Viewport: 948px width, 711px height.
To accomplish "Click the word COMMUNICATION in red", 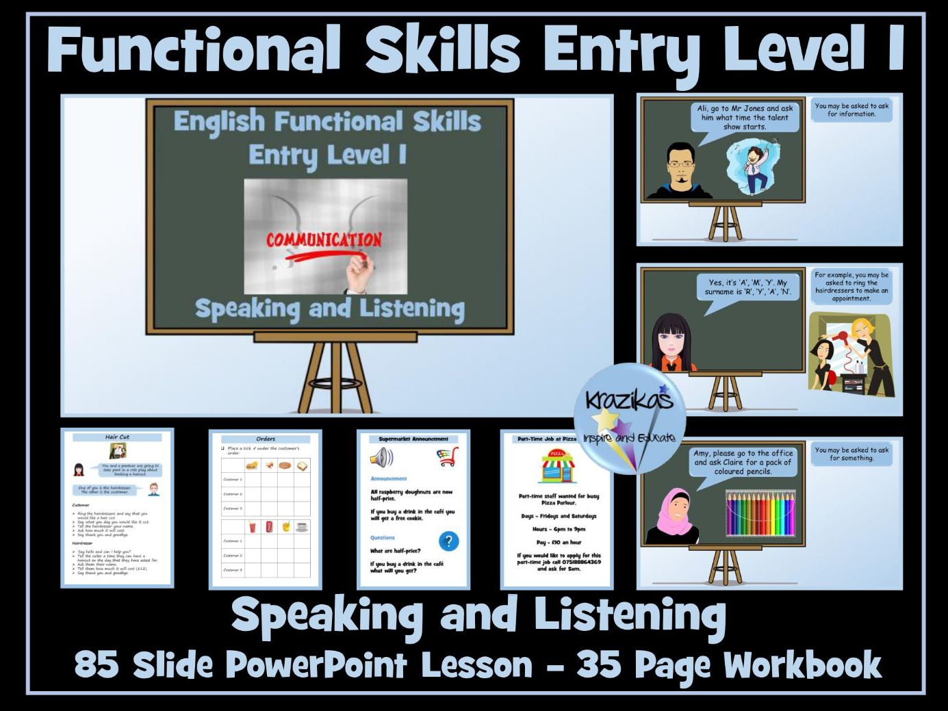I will click(x=323, y=240).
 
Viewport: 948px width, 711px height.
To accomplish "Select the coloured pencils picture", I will click(x=760, y=513).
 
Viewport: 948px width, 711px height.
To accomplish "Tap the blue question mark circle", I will click(x=448, y=541).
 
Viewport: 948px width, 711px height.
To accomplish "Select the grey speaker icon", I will click(x=382, y=456).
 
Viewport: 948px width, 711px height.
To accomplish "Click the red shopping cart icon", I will click(x=448, y=456).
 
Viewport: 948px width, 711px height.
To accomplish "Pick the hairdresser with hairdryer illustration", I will click(x=850, y=356).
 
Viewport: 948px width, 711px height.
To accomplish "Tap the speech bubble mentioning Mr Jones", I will click(x=745, y=118).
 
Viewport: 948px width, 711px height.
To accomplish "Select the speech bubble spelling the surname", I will click(x=747, y=287).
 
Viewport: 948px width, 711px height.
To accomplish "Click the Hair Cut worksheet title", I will click(x=117, y=437).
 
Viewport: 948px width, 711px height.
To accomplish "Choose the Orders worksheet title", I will click(x=266, y=439).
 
